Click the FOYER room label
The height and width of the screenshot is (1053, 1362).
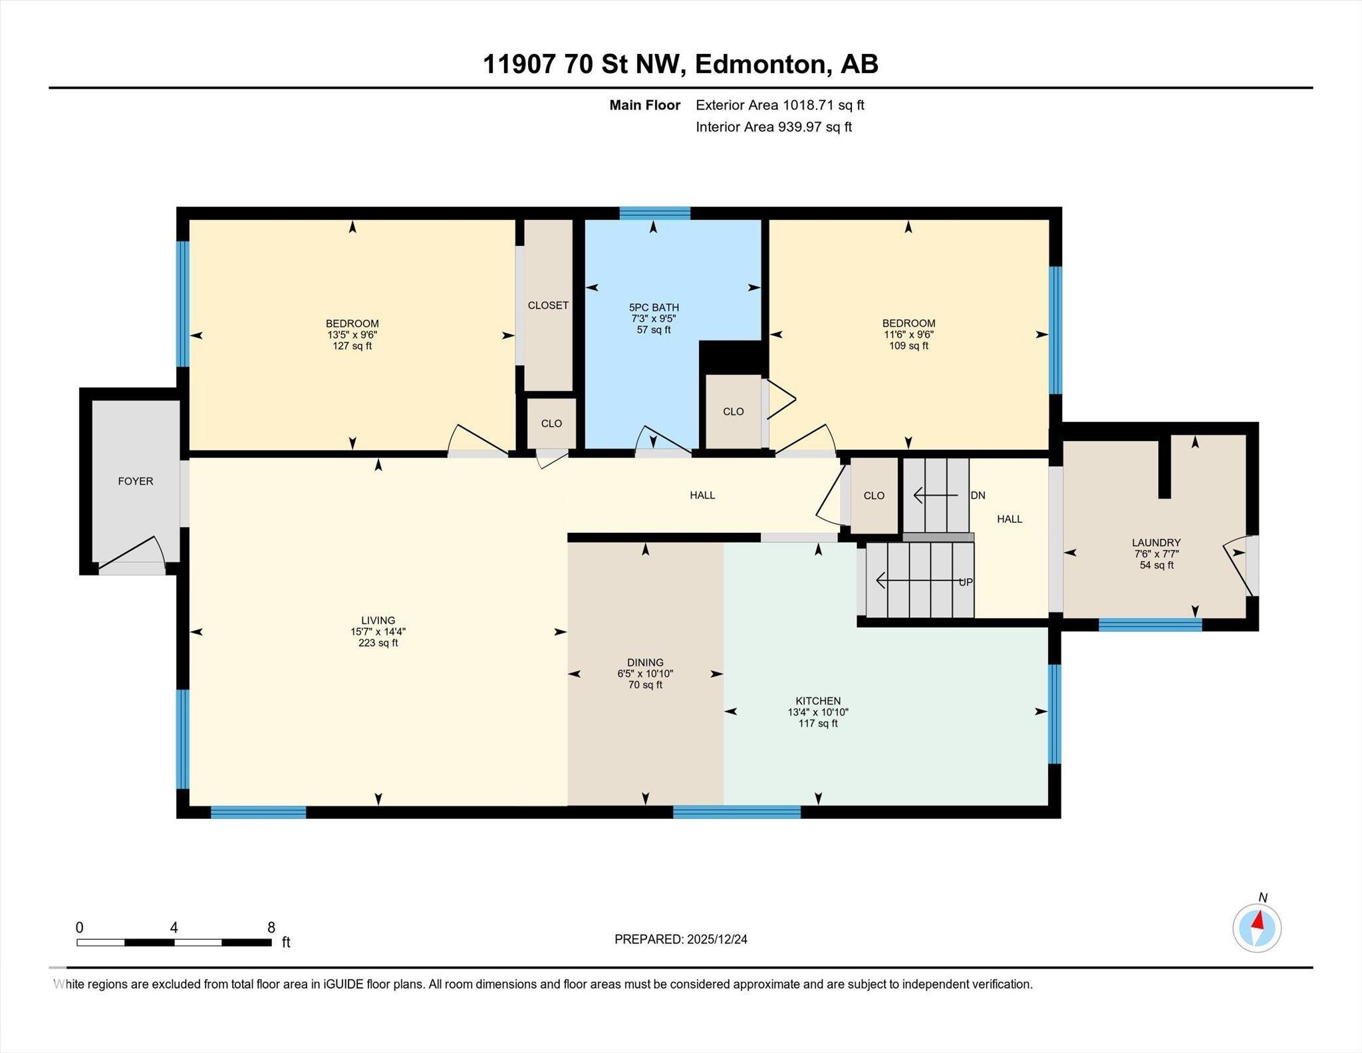(135, 481)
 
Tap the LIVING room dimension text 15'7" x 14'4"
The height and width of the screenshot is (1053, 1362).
(378, 632)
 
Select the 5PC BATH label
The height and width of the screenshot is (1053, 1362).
(654, 307)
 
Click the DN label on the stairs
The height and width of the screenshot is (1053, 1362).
(978, 496)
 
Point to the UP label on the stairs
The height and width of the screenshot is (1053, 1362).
(965, 582)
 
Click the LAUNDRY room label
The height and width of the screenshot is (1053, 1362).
(1156, 543)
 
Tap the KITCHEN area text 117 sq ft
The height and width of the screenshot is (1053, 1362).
(818, 723)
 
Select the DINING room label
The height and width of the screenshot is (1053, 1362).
(645, 663)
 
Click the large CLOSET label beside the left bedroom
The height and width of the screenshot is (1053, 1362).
(548, 305)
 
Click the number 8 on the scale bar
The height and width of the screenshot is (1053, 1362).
(271, 927)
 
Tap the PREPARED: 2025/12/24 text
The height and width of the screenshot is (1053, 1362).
(680, 939)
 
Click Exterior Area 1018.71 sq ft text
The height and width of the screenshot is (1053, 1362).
(779, 105)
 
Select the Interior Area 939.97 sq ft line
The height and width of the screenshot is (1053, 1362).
(773, 127)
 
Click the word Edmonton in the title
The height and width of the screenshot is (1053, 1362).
(761, 65)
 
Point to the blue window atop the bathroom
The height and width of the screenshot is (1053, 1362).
(654, 213)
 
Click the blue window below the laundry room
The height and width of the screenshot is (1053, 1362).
(1150, 625)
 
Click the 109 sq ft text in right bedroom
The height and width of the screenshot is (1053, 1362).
(908, 346)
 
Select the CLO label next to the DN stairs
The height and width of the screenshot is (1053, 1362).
(874, 496)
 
